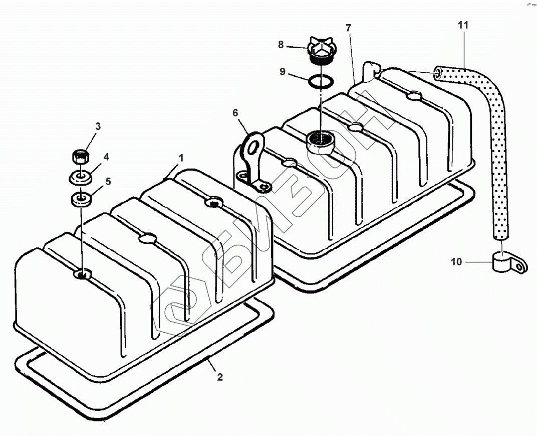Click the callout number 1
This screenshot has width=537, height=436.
[181, 158]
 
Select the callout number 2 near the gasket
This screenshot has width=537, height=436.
[220, 377]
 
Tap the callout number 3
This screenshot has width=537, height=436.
[98, 126]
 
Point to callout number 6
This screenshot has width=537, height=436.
[235, 113]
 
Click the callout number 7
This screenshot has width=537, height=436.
[348, 28]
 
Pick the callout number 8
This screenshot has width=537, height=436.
[281, 45]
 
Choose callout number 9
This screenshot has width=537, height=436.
[283, 72]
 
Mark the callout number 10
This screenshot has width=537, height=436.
[456, 262]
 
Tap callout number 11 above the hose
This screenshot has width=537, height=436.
[463, 25]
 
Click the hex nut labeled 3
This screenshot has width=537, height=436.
[81, 157]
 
